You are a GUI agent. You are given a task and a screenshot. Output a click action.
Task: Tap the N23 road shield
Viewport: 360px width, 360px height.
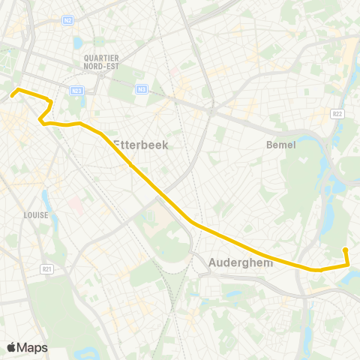77,91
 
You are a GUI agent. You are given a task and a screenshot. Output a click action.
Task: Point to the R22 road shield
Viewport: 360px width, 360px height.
338,112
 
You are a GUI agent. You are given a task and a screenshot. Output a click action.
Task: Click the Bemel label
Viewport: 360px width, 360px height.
281,145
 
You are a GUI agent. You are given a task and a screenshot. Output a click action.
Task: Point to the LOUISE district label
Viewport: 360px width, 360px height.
35,215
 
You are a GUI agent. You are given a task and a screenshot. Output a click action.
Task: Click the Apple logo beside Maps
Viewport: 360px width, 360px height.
12,347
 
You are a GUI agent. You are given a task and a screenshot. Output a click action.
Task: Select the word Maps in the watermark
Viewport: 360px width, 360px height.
33,347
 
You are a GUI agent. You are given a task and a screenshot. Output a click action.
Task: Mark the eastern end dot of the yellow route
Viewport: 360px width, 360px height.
345,250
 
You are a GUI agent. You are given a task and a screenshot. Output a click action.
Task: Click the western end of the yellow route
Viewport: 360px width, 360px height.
12,95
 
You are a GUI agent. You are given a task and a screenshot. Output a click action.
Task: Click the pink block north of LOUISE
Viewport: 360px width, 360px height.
76,204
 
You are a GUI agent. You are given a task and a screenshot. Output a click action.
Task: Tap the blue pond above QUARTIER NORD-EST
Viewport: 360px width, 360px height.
78,42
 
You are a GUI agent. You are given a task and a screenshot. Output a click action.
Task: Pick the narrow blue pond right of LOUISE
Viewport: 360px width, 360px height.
46,199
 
